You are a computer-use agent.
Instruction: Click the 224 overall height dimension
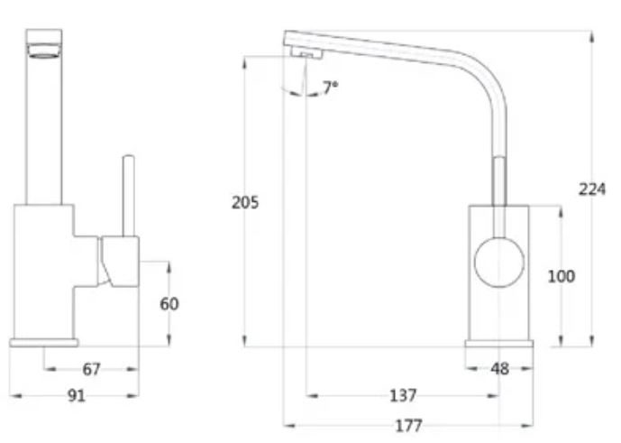point(591,189)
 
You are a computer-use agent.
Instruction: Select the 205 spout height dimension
point(244,202)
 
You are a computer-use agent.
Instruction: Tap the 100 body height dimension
point(561,276)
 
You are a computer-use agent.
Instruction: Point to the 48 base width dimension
point(500,369)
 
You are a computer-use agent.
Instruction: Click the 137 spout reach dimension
point(403,395)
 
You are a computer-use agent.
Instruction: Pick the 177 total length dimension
point(407,425)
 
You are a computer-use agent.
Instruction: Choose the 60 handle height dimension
point(169,304)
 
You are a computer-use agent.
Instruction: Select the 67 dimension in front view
point(91,369)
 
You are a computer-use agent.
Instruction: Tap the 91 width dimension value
point(77,395)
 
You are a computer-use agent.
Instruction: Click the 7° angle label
point(330,88)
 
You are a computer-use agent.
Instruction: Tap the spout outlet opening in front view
point(44,53)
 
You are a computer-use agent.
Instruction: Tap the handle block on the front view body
point(120,262)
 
